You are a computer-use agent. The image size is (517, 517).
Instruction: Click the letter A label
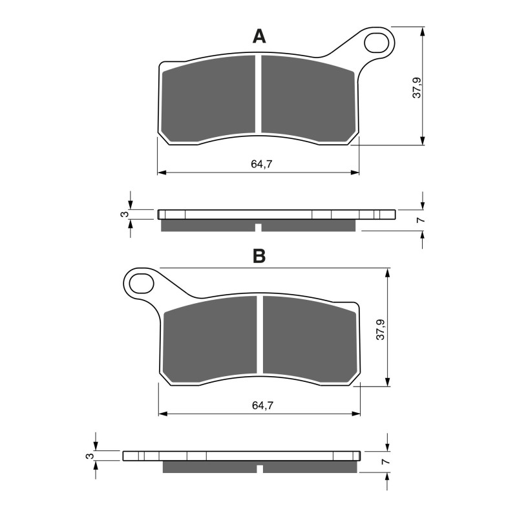pyautogui.click(x=258, y=37)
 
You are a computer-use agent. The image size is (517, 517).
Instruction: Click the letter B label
pyautogui.click(x=258, y=257)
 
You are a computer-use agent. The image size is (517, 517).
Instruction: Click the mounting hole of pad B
pyautogui.click(x=140, y=283)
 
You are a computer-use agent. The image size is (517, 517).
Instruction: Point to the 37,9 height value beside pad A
pyautogui.click(x=417, y=87)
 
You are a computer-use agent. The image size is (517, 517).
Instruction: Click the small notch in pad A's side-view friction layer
pyautogui.click(x=258, y=227)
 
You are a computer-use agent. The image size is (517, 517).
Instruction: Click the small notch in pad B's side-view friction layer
pyautogui.click(x=260, y=469)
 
